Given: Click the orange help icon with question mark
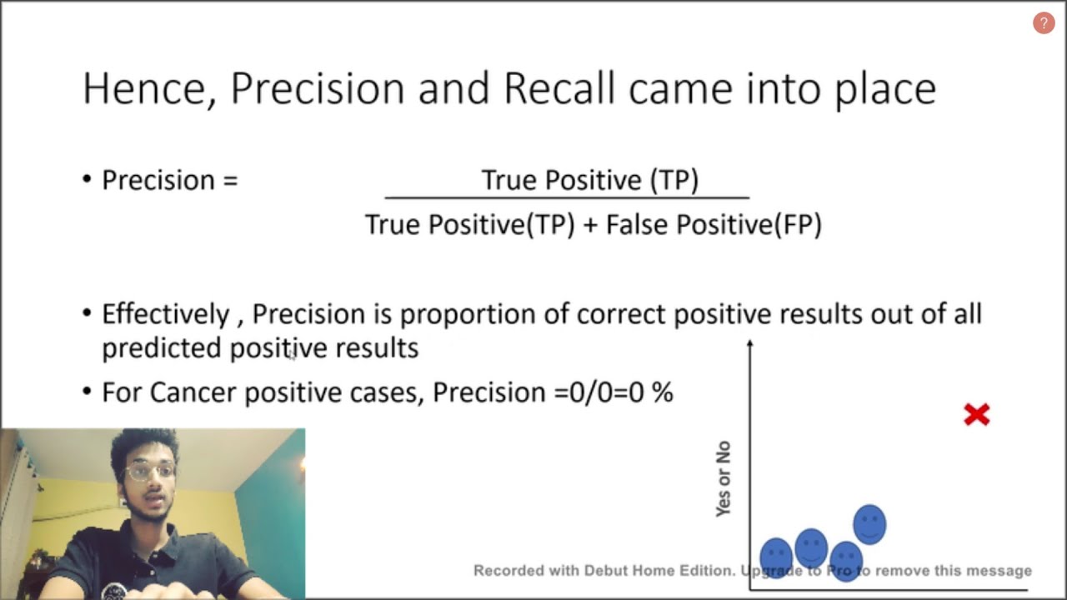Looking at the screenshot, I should [x=1044, y=23].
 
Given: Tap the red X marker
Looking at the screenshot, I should [x=976, y=414].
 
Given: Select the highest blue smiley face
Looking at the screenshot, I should [x=869, y=524].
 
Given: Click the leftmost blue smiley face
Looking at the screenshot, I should [x=776, y=555].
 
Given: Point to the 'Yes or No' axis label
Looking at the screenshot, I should [x=723, y=479].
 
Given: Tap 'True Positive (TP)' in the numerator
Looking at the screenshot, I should [x=589, y=180].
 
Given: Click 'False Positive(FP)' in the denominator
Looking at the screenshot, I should [x=714, y=224].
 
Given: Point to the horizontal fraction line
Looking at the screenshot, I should [x=567, y=198].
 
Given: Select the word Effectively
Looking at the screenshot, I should [x=165, y=314].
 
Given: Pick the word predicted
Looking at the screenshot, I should [x=162, y=348].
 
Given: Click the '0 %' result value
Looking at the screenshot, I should [x=650, y=392].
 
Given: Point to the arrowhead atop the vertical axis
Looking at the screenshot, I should [x=750, y=343].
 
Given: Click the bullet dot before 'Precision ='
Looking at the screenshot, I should [x=88, y=180].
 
